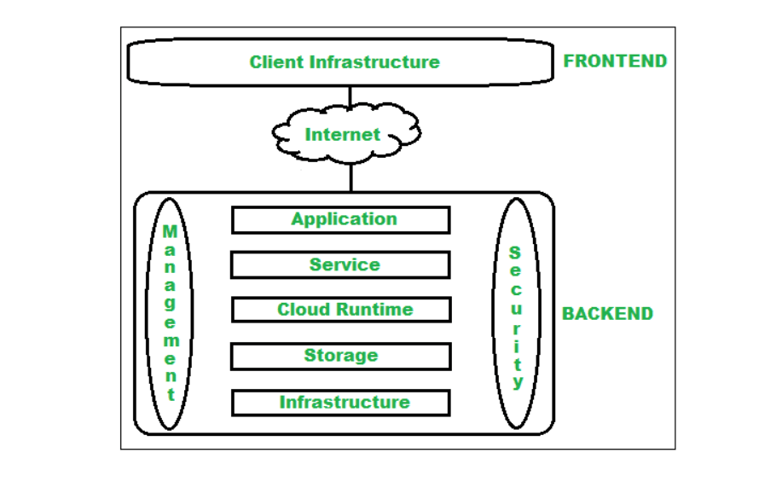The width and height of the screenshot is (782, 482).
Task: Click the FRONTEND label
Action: coord(615,61)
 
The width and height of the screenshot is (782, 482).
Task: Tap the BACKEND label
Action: coord(607,313)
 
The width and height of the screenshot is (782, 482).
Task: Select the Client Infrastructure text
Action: coord(345,62)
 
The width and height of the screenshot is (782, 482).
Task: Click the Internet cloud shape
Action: coord(345,134)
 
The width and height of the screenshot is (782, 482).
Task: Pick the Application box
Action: coord(340,219)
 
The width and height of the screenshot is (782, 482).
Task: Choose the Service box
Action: coord(340,265)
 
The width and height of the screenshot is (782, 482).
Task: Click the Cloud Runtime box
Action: coord(340,310)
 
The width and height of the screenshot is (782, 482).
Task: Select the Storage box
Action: coord(340,356)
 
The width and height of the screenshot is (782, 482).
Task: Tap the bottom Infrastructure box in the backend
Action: coord(340,402)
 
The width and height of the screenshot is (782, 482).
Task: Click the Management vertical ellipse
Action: coord(171,313)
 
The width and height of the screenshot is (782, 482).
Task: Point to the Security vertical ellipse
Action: coord(516,313)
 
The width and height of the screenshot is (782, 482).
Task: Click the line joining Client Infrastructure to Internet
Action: coord(350,95)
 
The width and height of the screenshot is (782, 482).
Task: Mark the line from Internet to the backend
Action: coord(350,177)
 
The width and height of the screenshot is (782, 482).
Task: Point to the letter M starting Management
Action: coord(171,232)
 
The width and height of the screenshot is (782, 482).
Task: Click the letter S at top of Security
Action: coord(516,253)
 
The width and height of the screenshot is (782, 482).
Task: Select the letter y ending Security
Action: coord(517,382)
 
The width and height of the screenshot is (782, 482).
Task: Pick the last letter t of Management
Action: coord(171,395)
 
